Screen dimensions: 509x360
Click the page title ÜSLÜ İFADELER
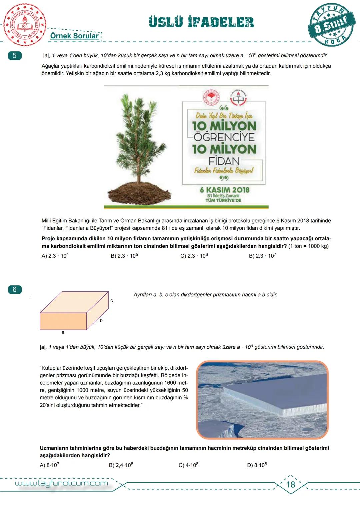(x=201, y=22)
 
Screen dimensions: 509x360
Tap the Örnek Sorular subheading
(x=74, y=36)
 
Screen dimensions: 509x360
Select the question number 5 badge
(x=14, y=56)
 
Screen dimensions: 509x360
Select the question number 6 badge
(x=14, y=289)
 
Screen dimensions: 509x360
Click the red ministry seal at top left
(x=23, y=25)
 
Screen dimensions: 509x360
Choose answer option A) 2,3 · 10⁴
(x=55, y=256)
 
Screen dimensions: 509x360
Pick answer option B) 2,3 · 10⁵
(x=124, y=256)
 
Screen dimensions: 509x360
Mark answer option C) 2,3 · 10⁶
(x=194, y=256)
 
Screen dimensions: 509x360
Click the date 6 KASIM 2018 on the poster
(x=224, y=190)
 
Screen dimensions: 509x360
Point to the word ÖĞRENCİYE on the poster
(x=224, y=137)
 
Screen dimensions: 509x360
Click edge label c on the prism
(x=112, y=301)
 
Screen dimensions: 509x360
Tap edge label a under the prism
(x=63, y=332)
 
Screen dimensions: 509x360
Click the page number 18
(x=291, y=484)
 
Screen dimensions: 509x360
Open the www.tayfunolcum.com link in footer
(x=62, y=483)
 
